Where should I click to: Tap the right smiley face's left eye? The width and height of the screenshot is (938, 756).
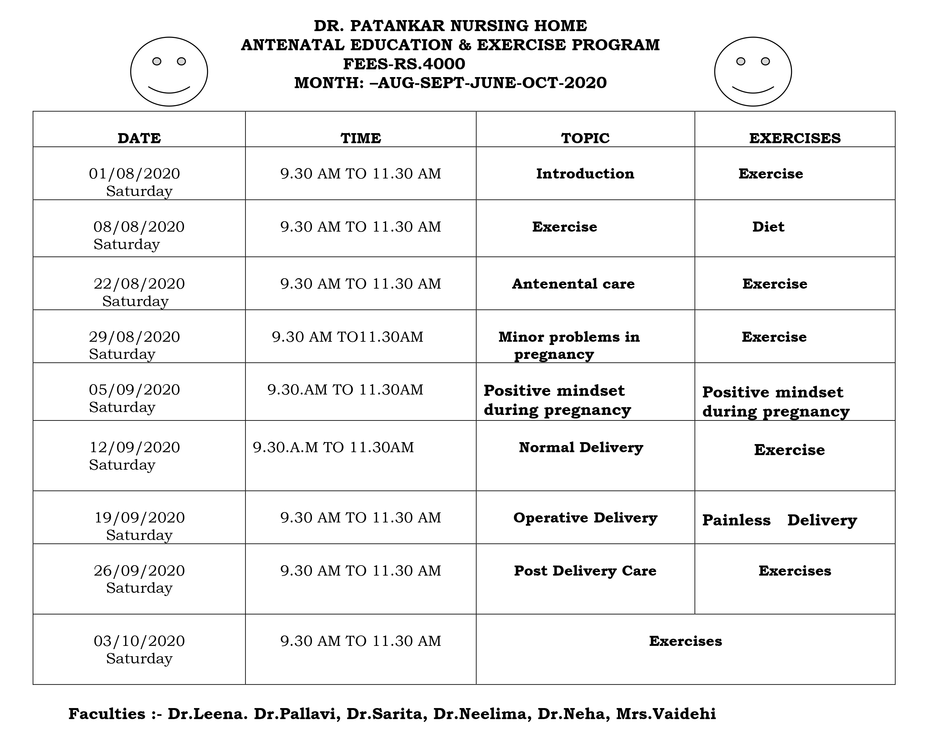(x=740, y=62)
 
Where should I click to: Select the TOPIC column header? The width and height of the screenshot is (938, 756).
(x=585, y=138)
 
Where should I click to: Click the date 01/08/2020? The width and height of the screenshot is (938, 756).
(x=134, y=174)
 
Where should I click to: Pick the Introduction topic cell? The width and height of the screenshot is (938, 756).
(x=585, y=174)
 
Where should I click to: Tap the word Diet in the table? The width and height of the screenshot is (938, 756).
(x=768, y=227)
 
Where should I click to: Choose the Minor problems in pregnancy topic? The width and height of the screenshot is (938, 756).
(x=569, y=345)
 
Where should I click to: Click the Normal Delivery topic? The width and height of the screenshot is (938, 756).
(x=581, y=447)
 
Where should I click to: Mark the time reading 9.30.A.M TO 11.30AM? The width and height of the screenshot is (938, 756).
(x=333, y=447)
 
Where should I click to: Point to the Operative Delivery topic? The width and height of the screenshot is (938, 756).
(x=585, y=518)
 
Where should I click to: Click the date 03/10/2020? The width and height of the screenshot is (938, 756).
(x=139, y=641)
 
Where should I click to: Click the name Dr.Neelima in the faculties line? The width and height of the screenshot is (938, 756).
(x=482, y=714)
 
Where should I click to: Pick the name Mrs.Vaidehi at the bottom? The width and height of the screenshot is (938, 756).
(x=666, y=714)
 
